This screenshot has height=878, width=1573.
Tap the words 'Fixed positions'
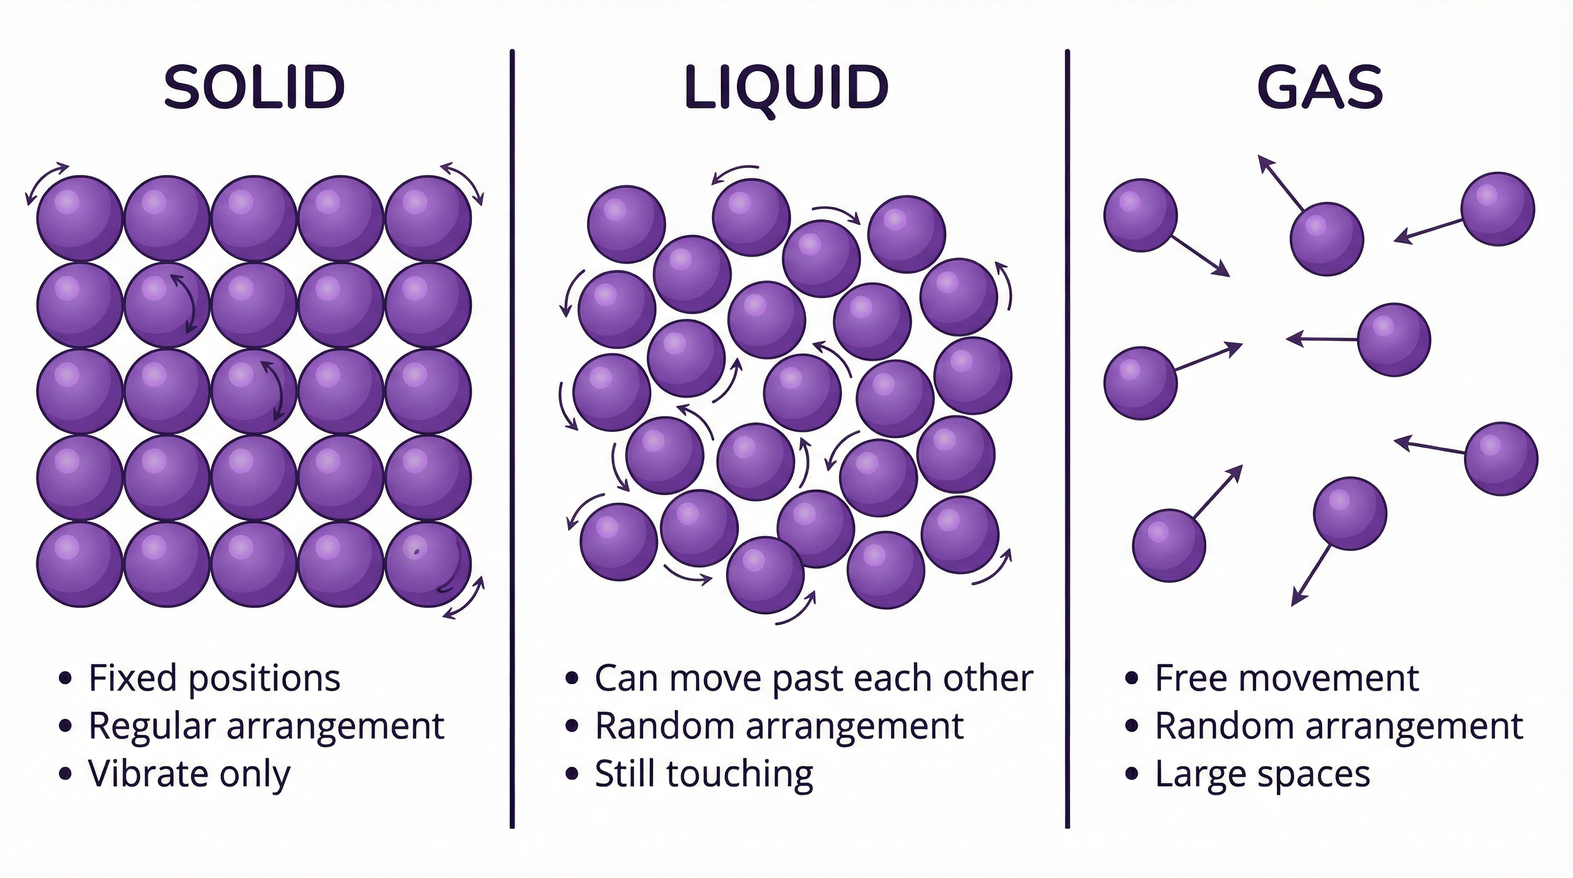click(x=214, y=678)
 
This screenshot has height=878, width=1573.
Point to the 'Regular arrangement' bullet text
click(x=266, y=726)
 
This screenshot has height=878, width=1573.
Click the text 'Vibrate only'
click(x=189, y=774)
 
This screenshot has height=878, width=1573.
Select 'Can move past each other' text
click(x=813, y=678)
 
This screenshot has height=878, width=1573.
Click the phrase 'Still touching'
click(x=704, y=774)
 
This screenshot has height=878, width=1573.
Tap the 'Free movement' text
click(x=1287, y=678)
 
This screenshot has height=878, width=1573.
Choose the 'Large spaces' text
click(x=1262, y=774)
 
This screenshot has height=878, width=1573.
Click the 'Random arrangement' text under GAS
click(x=1339, y=726)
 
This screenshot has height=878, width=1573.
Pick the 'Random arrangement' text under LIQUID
click(x=779, y=726)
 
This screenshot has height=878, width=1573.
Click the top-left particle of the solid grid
click(x=79, y=218)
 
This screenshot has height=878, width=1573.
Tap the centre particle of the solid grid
click(x=254, y=392)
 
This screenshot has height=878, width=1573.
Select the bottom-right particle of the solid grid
click(x=428, y=564)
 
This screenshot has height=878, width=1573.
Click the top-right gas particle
click(x=1498, y=209)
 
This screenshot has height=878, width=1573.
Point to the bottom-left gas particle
click(x=1169, y=545)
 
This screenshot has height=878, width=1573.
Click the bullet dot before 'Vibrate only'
click(x=65, y=774)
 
